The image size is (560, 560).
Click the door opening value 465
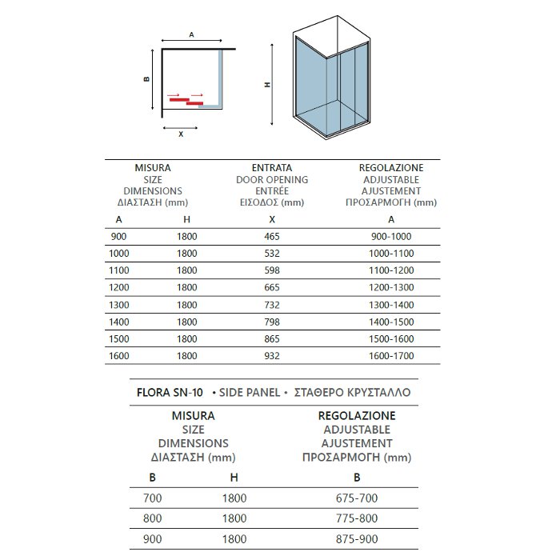(272, 237)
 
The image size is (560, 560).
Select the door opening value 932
(272, 355)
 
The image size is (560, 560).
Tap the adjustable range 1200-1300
(391, 287)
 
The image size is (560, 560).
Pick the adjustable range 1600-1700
(391, 355)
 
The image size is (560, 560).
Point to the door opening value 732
(272, 304)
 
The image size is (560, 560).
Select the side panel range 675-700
(357, 498)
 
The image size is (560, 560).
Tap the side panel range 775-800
(357, 520)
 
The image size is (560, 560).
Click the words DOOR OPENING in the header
(272, 180)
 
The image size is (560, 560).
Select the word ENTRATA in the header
(272, 168)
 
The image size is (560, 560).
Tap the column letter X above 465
(272, 219)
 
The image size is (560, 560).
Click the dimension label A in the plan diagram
(192, 35)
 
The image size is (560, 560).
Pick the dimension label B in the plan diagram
(146, 79)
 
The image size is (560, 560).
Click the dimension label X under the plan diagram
(181, 134)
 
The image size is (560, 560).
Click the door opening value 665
(272, 287)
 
